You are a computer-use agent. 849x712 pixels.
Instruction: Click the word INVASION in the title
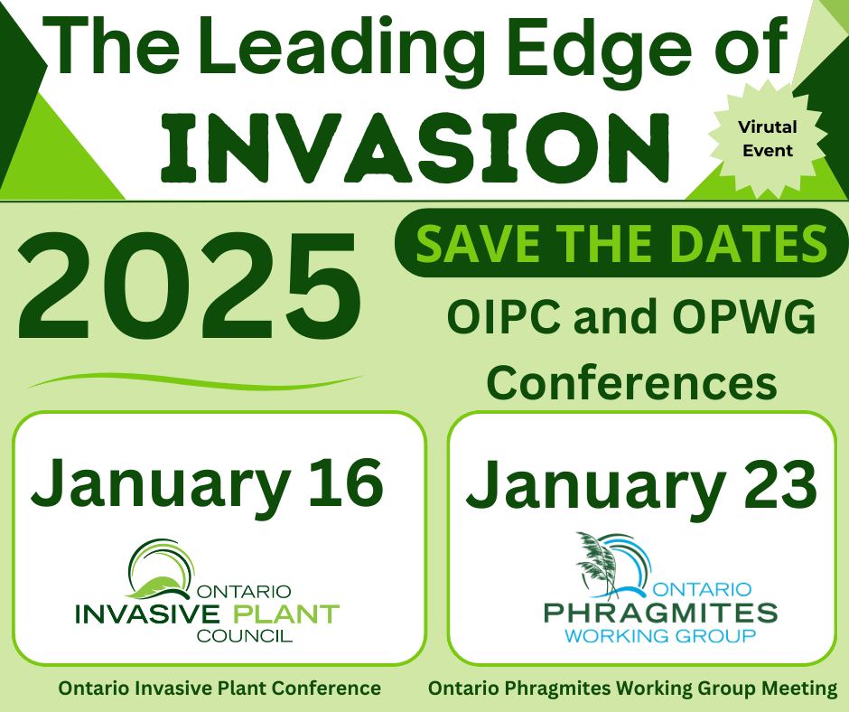point(415,148)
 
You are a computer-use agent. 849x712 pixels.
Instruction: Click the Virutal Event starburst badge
point(768,139)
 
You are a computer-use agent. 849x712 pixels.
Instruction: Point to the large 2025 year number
point(190,286)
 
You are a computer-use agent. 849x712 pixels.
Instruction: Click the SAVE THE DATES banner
point(621,243)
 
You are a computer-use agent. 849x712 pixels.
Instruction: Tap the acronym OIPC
point(504,317)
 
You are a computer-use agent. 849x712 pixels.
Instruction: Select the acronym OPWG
point(744,317)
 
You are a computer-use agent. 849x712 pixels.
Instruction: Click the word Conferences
point(632,383)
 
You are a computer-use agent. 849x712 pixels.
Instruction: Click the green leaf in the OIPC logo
point(154,586)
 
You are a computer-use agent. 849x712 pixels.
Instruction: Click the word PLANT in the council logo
point(286,614)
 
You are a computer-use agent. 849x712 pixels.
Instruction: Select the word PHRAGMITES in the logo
point(660,614)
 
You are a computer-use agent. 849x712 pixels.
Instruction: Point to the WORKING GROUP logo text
point(660,635)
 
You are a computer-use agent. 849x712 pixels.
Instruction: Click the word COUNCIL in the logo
point(245,635)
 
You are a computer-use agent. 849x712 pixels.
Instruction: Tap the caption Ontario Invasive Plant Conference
point(219,689)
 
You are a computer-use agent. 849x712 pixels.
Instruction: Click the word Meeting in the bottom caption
point(799,689)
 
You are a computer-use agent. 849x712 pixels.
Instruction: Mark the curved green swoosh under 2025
point(195,381)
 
